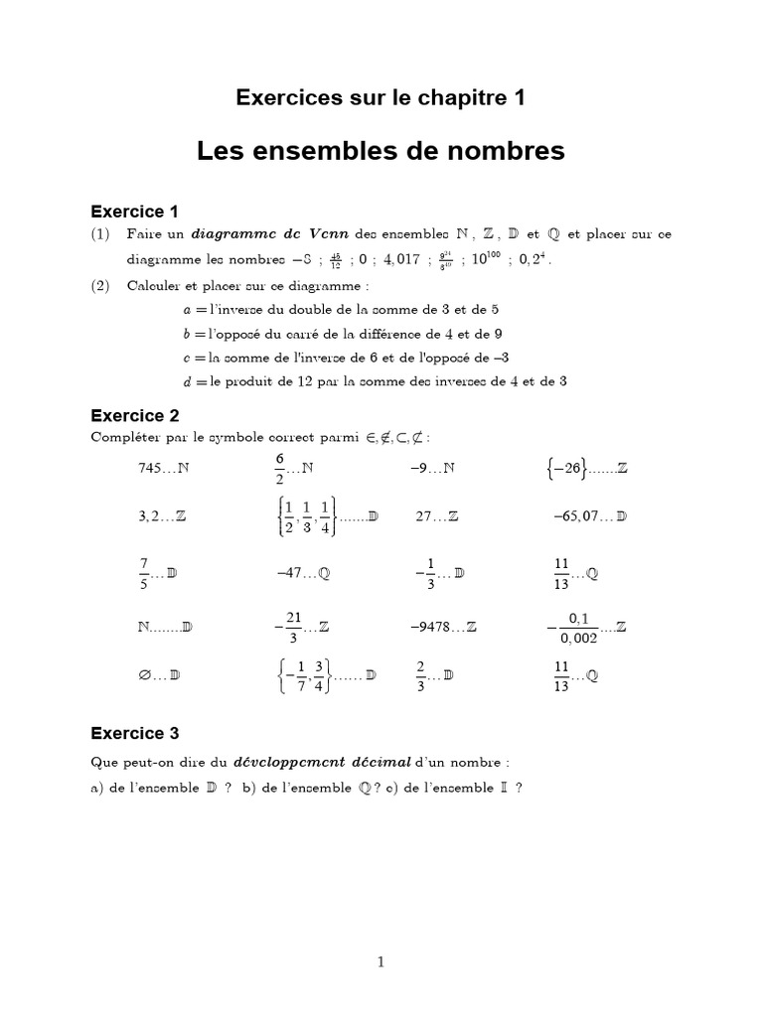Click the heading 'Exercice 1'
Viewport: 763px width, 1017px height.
(x=134, y=211)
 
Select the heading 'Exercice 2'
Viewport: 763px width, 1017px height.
(x=134, y=415)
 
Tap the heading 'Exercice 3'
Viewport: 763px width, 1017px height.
(x=134, y=734)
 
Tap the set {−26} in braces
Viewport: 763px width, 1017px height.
(x=568, y=468)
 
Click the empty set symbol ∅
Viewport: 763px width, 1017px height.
(x=145, y=675)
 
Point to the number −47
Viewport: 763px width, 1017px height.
(x=289, y=573)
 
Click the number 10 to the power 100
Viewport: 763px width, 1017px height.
(x=487, y=260)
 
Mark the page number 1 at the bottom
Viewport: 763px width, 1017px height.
(x=381, y=961)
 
